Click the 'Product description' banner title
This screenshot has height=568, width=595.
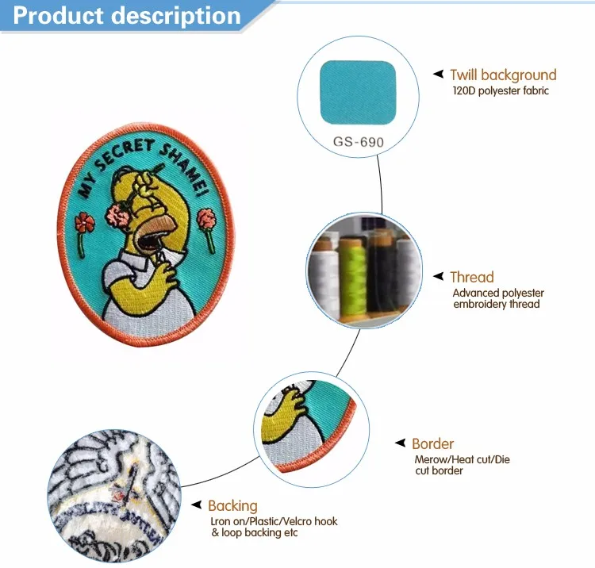click(x=127, y=16)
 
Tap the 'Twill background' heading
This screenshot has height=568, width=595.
click(x=503, y=75)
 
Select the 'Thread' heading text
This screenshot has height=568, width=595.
click(x=472, y=277)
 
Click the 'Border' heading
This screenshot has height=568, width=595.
click(x=432, y=443)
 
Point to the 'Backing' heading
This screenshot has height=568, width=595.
click(x=232, y=506)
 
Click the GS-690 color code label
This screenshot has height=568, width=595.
click(x=359, y=142)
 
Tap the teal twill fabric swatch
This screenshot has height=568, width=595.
click(x=359, y=93)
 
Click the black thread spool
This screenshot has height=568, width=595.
click(x=382, y=271)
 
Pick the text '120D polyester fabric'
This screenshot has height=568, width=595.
click(x=501, y=90)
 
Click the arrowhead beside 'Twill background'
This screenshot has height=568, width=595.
click(x=439, y=74)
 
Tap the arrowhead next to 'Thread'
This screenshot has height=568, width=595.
click(x=439, y=276)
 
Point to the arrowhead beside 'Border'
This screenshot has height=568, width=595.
click(x=401, y=443)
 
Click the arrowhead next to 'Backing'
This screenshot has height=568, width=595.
click(x=197, y=505)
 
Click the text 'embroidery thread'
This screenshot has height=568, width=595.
click(x=497, y=305)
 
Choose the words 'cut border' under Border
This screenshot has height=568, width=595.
click(x=439, y=471)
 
